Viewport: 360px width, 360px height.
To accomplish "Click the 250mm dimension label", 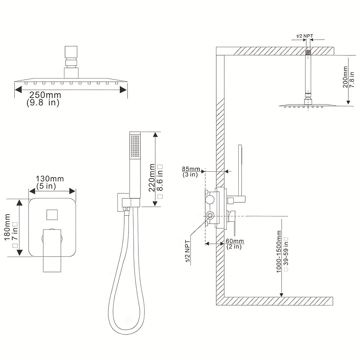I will [45, 95].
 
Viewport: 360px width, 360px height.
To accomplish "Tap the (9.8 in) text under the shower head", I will [43, 103].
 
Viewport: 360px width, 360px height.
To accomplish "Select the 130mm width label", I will [50, 179].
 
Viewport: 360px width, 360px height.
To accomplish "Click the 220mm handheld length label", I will [152, 177].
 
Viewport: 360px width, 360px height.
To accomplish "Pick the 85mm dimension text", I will [191, 169].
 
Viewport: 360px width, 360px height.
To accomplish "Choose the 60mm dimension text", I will [235, 241].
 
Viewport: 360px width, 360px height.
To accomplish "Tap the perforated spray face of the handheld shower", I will [135, 146].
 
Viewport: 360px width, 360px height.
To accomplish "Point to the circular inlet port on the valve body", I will [210, 216].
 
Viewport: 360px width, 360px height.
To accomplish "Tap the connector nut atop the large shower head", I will [71, 58].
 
